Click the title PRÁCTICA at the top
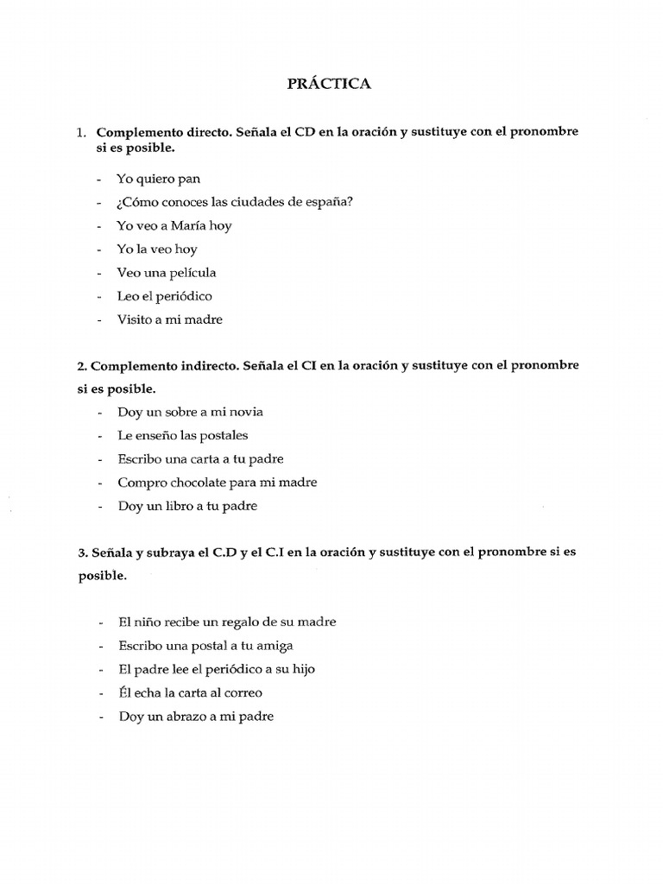(328, 85)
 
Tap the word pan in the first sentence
(188, 179)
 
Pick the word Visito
(135, 319)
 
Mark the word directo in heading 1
(197, 133)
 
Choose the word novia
(246, 413)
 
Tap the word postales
(224, 436)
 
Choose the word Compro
(141, 483)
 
